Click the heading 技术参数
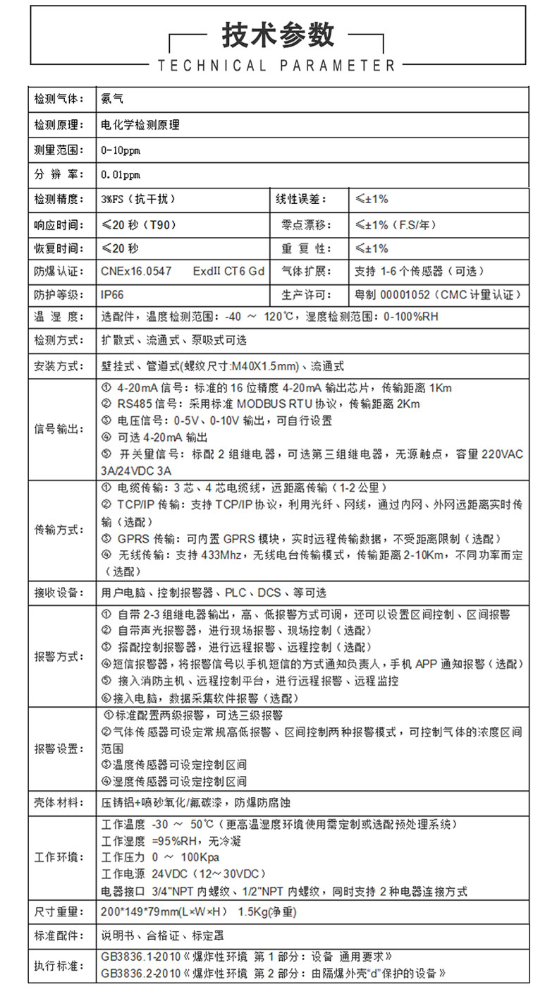pyautogui.click(x=278, y=34)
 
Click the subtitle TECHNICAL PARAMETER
pyautogui.click(x=277, y=66)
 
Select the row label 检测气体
pyautogui.click(x=59, y=99)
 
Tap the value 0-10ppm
pyautogui.click(x=121, y=150)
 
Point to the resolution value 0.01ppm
pyautogui.click(x=121, y=174)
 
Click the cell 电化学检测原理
pyautogui.click(x=140, y=125)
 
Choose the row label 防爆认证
pyautogui.click(x=59, y=271)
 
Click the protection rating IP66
pyautogui.click(x=112, y=294)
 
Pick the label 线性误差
pyautogui.click(x=301, y=199)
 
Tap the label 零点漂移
pyautogui.click(x=304, y=225)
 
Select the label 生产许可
pyautogui.click(x=304, y=294)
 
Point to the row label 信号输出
pyautogui.click(x=59, y=429)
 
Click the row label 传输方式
pyautogui.click(x=59, y=529)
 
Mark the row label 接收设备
pyautogui.click(x=59, y=593)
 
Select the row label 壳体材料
pyautogui.click(x=59, y=802)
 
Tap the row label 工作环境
pyautogui.click(x=59, y=857)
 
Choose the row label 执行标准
pyautogui.click(x=59, y=964)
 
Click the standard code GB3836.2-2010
pyautogui.click(x=140, y=973)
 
